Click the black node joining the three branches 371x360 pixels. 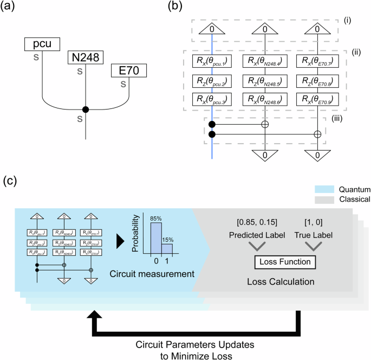click(x=85, y=109)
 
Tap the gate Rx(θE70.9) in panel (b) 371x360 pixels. click(x=317, y=100)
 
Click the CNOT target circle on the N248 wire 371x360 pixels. click(x=265, y=124)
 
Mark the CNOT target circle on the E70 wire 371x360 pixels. click(x=317, y=133)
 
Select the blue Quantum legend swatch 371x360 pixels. click(x=323, y=190)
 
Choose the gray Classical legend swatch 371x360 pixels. click(x=323, y=199)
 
